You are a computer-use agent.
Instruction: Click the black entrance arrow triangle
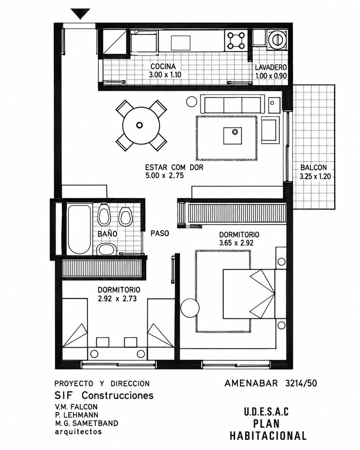(80, 13)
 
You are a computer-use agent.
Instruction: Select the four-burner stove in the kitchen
(236, 41)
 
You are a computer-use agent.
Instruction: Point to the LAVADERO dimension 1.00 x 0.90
(271, 76)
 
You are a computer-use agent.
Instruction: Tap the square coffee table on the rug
(232, 136)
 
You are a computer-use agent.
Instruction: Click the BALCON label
(313, 168)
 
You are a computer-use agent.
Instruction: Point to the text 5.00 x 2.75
(164, 175)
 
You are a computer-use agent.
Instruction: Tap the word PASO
(160, 233)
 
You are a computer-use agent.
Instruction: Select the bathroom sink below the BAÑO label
(106, 249)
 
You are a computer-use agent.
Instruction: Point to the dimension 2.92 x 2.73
(117, 298)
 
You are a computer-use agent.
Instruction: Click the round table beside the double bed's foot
(190, 308)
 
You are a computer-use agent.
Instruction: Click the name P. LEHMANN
(76, 415)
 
